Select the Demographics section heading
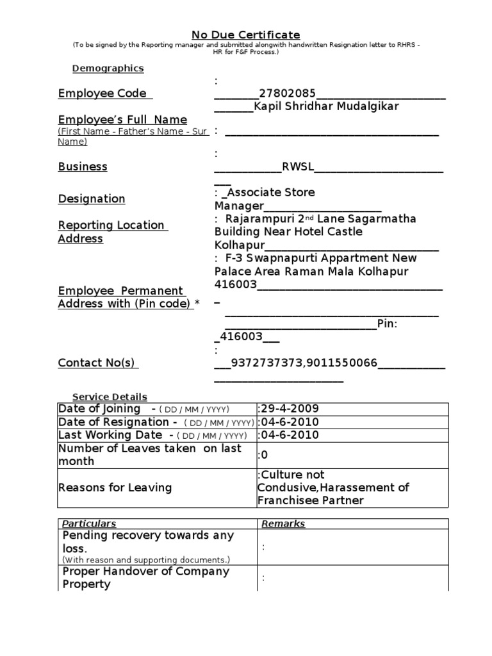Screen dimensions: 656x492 [108, 69]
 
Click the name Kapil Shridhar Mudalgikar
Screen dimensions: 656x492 [326, 106]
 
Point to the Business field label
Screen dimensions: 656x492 [83, 167]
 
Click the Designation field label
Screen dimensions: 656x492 [92, 199]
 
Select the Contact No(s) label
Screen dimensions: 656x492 [97, 363]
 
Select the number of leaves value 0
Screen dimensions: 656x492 [263, 455]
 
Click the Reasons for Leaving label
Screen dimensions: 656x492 [115, 488]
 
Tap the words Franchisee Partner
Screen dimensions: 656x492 [310, 500]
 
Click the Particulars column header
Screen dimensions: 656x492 [89, 524]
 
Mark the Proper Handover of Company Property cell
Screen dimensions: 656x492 [145, 578]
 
